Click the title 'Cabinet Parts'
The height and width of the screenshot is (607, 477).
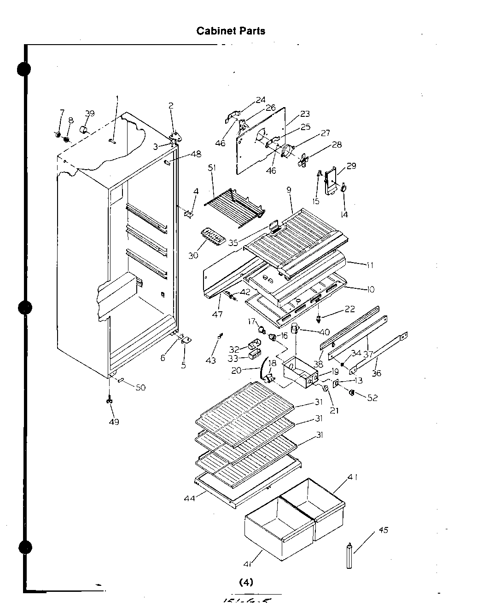230,31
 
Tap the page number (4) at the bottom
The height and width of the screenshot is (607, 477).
246,582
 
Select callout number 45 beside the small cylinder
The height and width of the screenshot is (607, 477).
383,530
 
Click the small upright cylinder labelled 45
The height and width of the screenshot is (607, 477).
350,555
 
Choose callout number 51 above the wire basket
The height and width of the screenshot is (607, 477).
212,168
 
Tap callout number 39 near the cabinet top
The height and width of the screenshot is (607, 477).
90,114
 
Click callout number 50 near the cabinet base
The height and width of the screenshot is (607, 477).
140,388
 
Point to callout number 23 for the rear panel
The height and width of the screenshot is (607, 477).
305,114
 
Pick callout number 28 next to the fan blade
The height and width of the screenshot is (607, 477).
337,144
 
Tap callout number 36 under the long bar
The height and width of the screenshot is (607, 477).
376,373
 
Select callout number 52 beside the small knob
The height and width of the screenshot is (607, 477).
372,398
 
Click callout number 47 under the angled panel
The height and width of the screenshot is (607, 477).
217,314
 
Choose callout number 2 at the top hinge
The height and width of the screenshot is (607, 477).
171,106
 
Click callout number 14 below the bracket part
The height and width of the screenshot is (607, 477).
344,214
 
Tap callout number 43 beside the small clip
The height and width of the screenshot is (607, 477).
210,361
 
